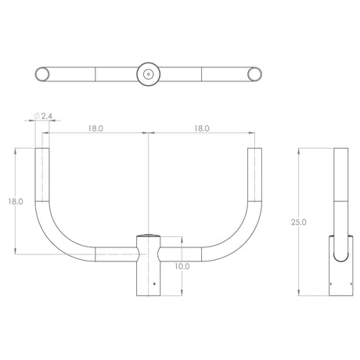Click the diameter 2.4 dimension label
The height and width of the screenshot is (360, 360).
point(43,116)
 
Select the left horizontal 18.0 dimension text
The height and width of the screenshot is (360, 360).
point(95,128)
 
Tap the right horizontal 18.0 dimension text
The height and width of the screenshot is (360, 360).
point(202,128)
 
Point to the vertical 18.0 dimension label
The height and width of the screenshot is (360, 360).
point(16,201)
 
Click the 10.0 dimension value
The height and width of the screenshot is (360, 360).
point(182,267)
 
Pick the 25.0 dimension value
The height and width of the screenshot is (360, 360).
point(299,222)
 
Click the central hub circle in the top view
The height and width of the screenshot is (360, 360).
point(149,74)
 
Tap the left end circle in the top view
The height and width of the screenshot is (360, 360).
point(41,74)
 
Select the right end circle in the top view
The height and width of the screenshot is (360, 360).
point(254,74)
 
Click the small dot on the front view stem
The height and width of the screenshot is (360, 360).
point(154,284)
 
